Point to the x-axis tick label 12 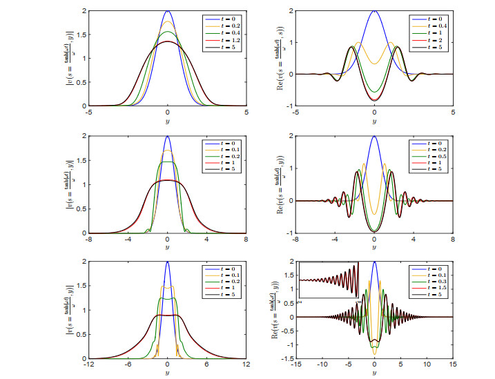click(245, 364)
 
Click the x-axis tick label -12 click(88, 364)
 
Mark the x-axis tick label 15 click(452, 364)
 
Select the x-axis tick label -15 click(295, 364)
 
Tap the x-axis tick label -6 click(128, 364)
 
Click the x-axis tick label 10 click(426, 364)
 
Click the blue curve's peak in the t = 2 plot click(374, 12)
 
